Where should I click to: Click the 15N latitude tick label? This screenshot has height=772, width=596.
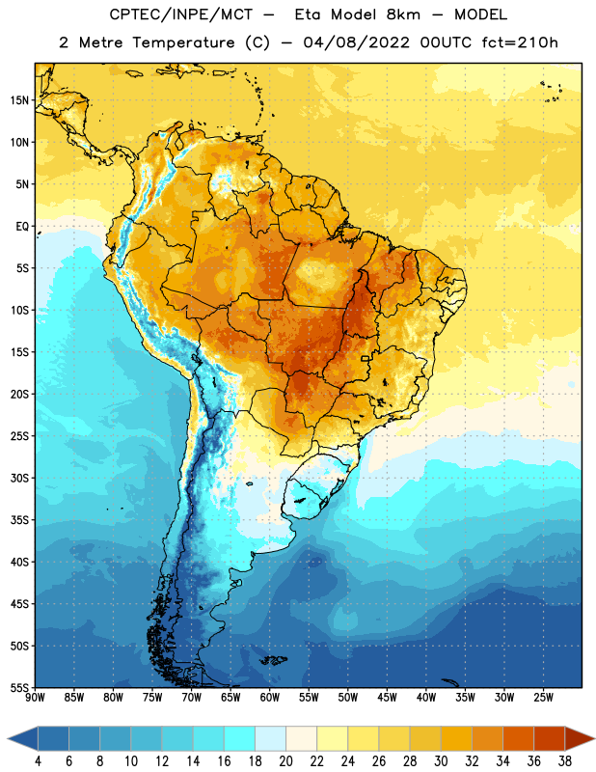(19, 100)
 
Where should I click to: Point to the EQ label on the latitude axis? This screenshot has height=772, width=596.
(22, 227)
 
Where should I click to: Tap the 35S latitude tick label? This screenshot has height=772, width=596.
(19, 520)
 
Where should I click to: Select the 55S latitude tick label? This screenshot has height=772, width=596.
(19, 687)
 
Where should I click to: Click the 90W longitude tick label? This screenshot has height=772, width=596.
(35, 698)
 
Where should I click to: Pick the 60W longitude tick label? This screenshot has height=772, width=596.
(270, 698)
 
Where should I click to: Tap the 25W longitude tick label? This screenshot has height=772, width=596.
(543, 698)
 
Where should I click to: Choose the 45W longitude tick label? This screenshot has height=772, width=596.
(387, 698)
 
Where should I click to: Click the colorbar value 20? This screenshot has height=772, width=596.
(285, 761)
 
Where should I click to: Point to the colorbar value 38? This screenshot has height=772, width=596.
(565, 761)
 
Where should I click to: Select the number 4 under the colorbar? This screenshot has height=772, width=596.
(38, 761)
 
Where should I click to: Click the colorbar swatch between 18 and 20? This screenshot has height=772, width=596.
(271, 739)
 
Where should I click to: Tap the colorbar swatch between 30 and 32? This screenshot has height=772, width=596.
(457, 739)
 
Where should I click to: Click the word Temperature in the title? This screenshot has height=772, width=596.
(183, 42)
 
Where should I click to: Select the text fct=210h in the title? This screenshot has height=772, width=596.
(520, 42)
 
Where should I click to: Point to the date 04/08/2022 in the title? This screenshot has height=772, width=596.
(356, 42)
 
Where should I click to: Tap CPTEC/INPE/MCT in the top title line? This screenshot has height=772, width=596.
(181, 14)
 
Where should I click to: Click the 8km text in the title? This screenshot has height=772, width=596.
(403, 14)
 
